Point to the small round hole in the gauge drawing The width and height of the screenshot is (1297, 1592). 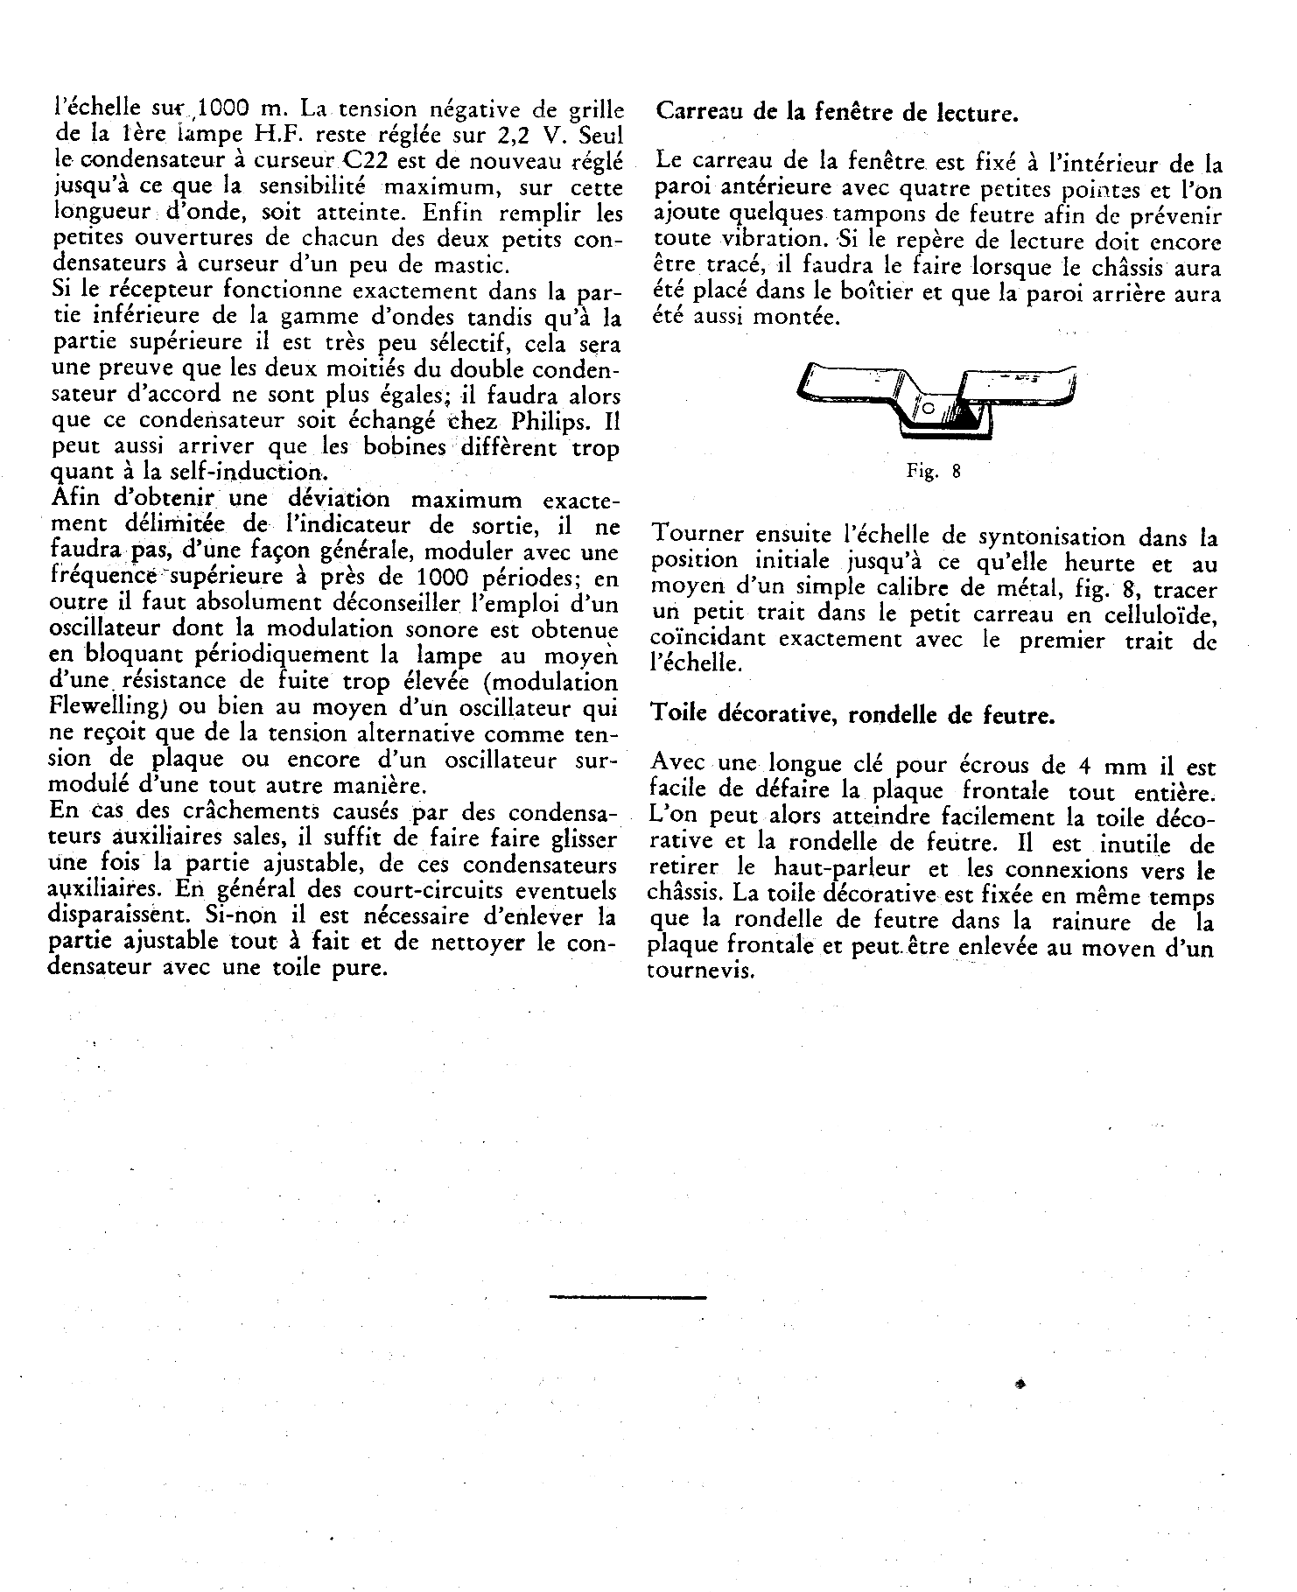coord(929,409)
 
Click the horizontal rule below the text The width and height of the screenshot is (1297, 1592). coord(627,1297)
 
